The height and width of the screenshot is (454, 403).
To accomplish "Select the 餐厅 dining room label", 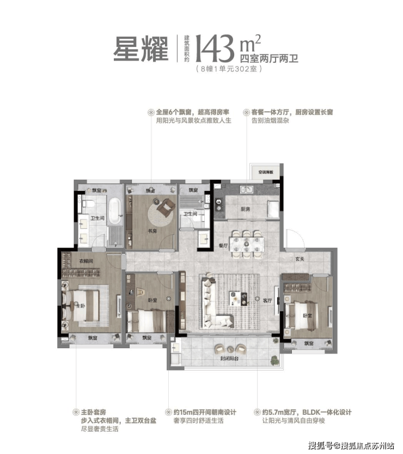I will pyautogui.click(x=222, y=245).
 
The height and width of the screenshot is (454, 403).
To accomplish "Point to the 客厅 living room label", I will pyautogui.click(x=267, y=301).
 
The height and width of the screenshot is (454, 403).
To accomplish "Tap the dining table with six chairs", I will pyautogui.click(x=246, y=244).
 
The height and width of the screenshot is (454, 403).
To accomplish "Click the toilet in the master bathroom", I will pyautogui.click(x=89, y=204).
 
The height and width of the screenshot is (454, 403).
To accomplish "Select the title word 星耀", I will pyautogui.click(x=141, y=49).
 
